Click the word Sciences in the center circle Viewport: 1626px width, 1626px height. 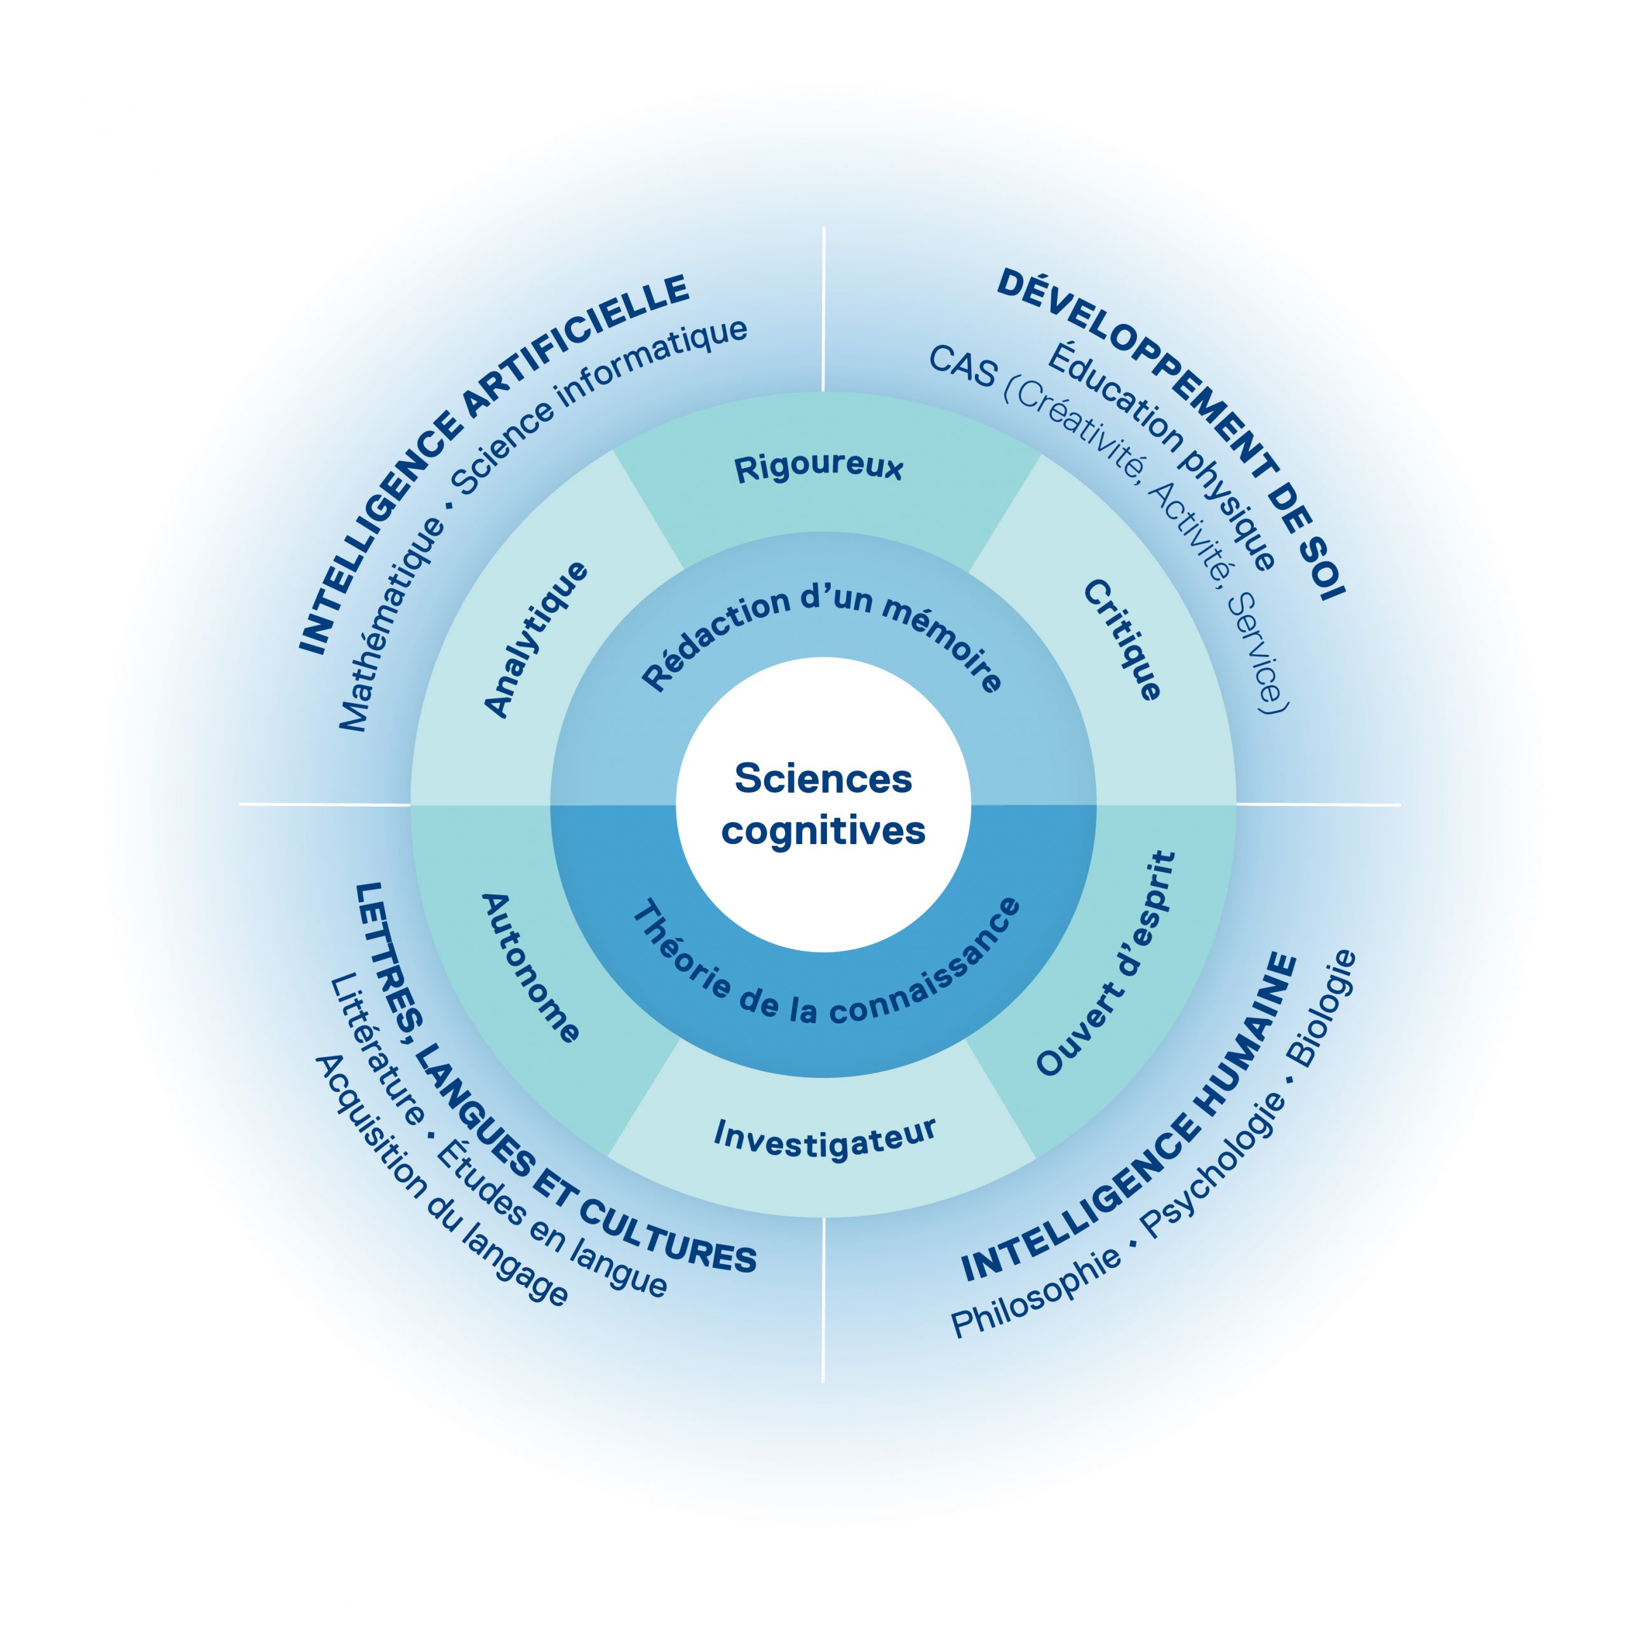[x=823, y=779]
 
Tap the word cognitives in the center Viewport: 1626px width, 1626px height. [x=823, y=831]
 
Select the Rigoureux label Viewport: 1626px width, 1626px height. [x=818, y=468]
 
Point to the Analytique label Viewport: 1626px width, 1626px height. [x=536, y=639]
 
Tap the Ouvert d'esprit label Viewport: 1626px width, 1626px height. [x=1106, y=963]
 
